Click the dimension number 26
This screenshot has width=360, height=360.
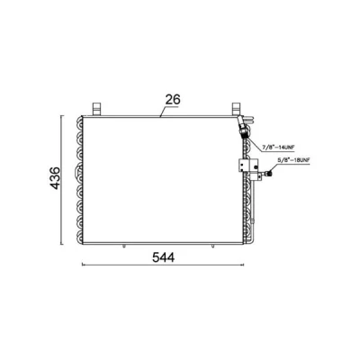click(173, 100)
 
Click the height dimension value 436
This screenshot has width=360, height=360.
click(56, 178)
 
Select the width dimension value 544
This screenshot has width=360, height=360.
click(163, 257)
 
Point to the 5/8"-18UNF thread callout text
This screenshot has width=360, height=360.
click(293, 160)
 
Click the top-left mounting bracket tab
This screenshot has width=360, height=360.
click(96, 109)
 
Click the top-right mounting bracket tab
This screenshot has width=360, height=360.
click(237, 109)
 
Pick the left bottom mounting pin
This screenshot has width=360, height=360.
click(123, 247)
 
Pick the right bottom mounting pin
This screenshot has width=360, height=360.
click(212, 247)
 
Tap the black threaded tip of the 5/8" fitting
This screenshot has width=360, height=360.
click(270, 173)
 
